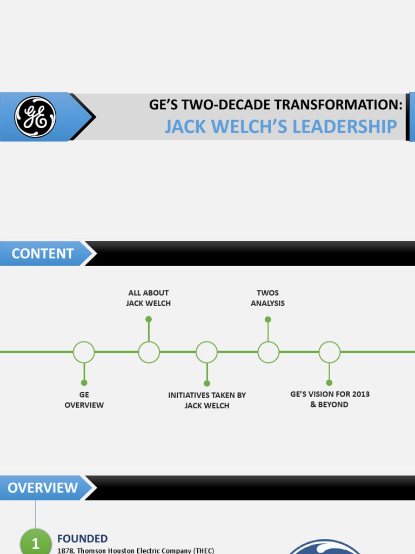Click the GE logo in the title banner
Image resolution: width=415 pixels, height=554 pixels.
pos(35,117)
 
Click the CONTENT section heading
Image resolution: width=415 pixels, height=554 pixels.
pos(43,254)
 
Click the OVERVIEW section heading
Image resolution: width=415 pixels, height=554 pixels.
pos(43,488)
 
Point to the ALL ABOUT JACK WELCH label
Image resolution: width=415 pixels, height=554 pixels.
pos(149,298)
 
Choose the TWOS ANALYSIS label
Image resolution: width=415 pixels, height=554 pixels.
pos(267,298)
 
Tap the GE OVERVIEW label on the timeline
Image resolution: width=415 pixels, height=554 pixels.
pos(84,400)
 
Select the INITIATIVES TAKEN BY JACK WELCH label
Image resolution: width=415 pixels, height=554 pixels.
pos(207,400)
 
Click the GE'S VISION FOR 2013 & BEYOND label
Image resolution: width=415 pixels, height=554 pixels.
pos(330,399)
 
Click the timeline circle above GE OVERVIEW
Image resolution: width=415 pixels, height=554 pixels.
pos(84,352)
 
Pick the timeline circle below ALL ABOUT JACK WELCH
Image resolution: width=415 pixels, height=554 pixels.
pos(149,352)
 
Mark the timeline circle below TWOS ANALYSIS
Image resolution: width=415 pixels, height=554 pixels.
pos(268,352)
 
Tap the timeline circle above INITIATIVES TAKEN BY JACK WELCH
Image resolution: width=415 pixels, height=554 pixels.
pos(206,352)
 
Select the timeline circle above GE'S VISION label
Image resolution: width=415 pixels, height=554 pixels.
pos(329,352)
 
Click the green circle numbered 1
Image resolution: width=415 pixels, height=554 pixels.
pos(36,543)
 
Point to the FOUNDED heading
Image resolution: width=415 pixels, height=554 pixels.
pos(82,539)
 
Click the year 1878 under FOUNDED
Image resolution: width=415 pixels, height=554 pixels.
pos(65,551)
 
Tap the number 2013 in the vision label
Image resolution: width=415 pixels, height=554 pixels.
pos(360,394)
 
